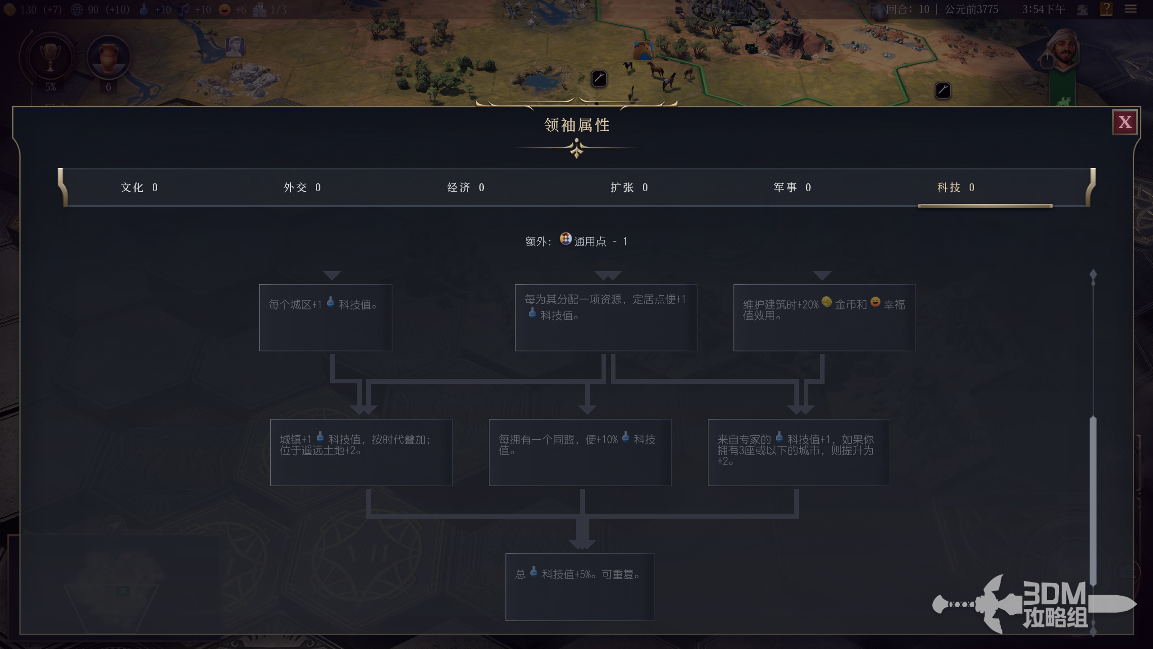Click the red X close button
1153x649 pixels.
click(x=1125, y=122)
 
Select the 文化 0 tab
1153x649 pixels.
click(x=139, y=188)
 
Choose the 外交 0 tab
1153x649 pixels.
click(x=302, y=188)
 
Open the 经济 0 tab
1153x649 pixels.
click(x=465, y=188)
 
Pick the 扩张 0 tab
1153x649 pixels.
click(x=629, y=188)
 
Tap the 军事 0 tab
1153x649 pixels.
click(x=792, y=188)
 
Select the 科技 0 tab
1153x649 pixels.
click(x=956, y=188)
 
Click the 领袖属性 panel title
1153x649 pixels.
click(x=577, y=125)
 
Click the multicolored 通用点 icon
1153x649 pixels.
click(x=565, y=239)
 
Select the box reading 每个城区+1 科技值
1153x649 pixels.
click(x=325, y=318)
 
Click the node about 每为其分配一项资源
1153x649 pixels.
click(x=606, y=318)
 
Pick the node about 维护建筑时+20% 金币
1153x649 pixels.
click(x=824, y=318)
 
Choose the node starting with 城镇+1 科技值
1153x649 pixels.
click(x=361, y=452)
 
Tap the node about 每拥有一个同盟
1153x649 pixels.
click(x=580, y=452)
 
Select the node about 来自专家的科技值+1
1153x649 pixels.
click(x=798, y=452)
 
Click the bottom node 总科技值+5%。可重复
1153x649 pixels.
click(x=580, y=587)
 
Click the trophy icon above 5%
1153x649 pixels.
click(x=50, y=57)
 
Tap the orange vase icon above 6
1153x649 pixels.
click(x=108, y=57)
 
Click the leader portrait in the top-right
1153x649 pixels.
click(x=1064, y=50)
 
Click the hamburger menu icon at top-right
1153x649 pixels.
click(x=1130, y=9)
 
